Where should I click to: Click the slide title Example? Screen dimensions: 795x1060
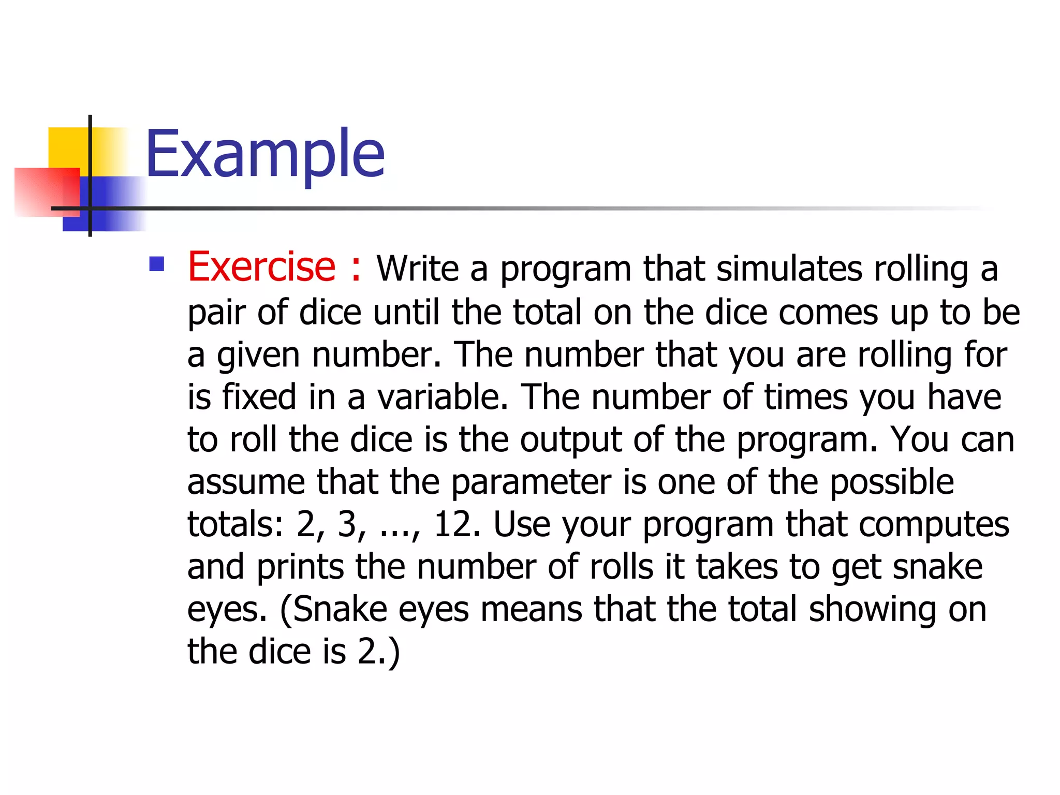(x=265, y=154)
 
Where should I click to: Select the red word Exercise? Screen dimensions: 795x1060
(x=261, y=267)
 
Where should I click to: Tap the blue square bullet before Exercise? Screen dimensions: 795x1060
(x=156, y=264)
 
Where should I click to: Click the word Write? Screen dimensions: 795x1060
(x=417, y=269)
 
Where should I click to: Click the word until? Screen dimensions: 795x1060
(x=406, y=312)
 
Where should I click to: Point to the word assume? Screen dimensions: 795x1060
(x=246, y=482)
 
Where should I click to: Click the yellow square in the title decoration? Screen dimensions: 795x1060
(x=67, y=148)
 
